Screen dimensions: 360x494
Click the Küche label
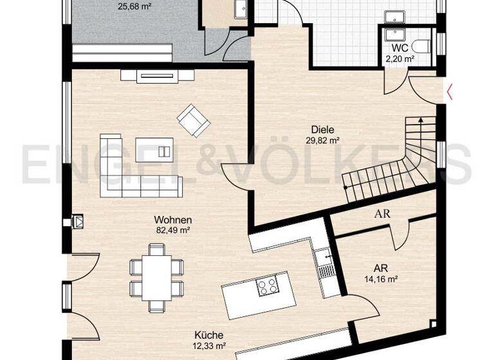pos(210,335)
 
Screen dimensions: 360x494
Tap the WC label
pos(399,48)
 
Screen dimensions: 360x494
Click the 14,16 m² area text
pos(380,279)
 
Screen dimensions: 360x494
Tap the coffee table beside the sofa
pos(154,150)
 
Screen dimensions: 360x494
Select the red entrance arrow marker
pos(450,93)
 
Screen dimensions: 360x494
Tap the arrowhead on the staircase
pos(420,118)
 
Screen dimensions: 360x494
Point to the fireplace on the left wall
pos(78,221)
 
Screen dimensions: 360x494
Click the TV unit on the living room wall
pos(157,76)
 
